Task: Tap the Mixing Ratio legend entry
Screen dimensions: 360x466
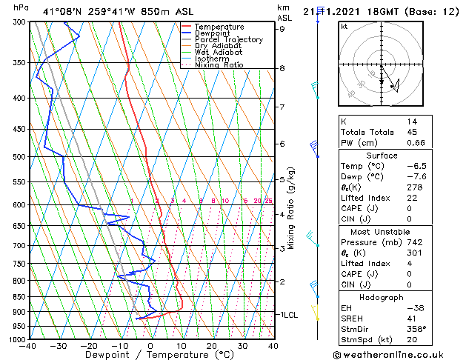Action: coord(219,65)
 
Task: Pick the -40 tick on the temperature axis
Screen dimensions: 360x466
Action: coord(28,346)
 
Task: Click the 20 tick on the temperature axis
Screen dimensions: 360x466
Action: coord(212,346)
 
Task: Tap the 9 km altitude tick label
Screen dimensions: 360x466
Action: coord(282,30)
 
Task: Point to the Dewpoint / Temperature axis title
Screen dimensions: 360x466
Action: coord(150,355)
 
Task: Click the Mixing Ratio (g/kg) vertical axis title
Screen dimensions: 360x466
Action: coord(292,208)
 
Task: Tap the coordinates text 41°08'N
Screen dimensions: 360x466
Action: coord(61,12)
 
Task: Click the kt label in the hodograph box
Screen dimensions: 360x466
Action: coord(344,27)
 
